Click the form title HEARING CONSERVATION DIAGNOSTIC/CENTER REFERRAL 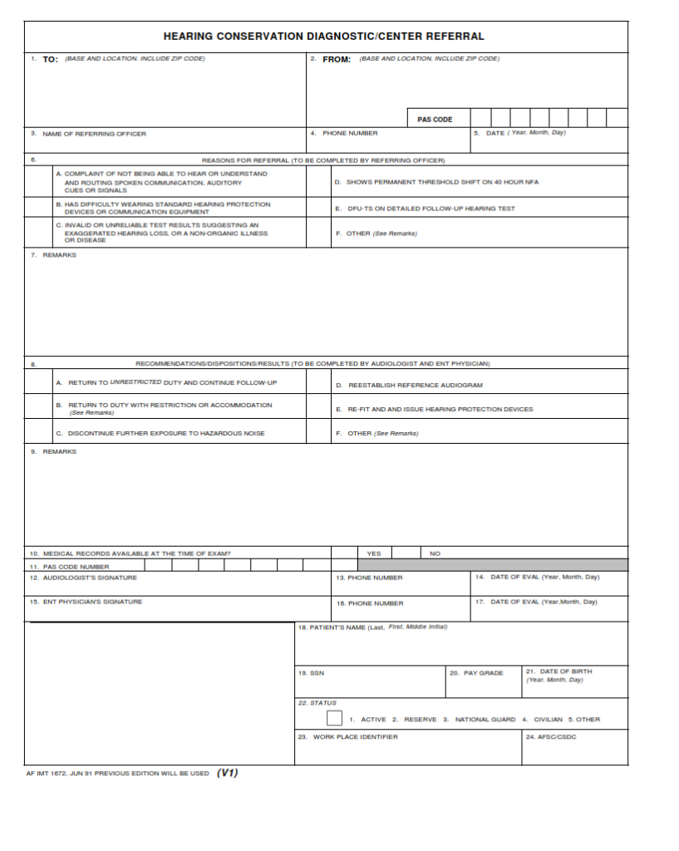click(323, 37)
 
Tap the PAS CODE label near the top click(435, 120)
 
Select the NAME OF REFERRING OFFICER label click(94, 134)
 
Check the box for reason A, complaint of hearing click(38, 181)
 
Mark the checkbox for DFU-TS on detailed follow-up click(318, 209)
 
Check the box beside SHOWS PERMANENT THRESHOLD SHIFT click(318, 181)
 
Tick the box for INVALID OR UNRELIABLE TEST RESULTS click(38, 233)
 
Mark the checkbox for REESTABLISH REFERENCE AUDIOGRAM click(318, 385)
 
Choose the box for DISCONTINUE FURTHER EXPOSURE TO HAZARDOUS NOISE click(38, 433)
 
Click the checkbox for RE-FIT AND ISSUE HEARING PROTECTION click(318, 409)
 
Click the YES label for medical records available click(374, 553)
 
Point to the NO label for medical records click(435, 553)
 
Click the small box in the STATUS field click(334, 718)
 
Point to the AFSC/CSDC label click(551, 737)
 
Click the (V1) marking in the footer click(228, 773)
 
